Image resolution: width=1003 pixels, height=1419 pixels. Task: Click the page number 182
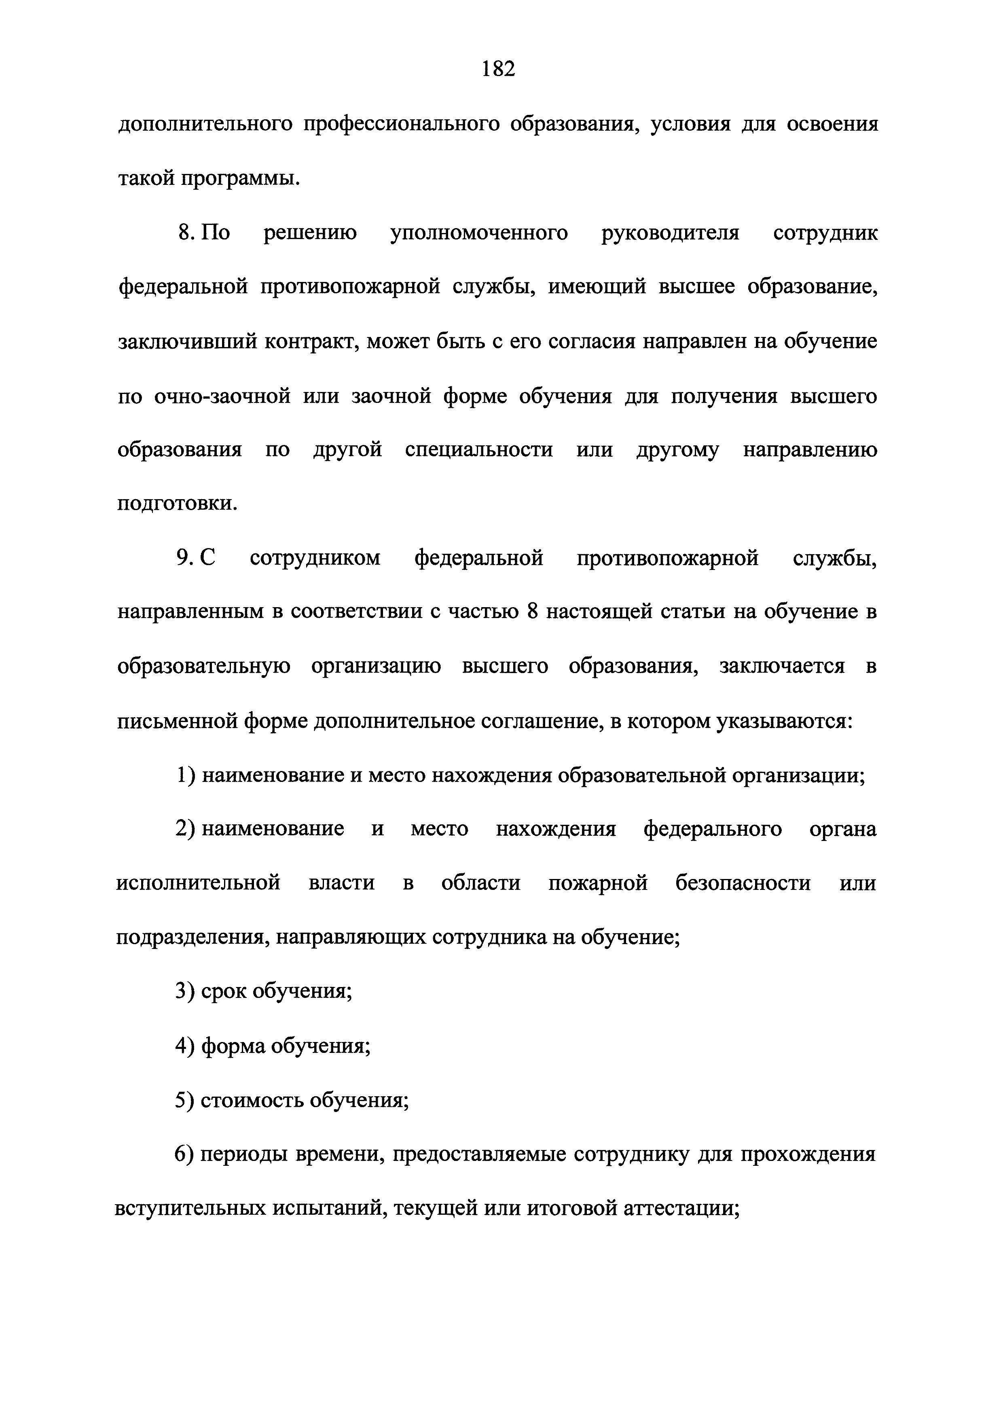point(498,69)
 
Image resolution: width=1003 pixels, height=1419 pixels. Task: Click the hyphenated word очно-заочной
point(222,396)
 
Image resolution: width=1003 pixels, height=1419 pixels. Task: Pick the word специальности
point(479,450)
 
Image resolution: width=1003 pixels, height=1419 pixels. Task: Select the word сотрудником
point(315,559)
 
